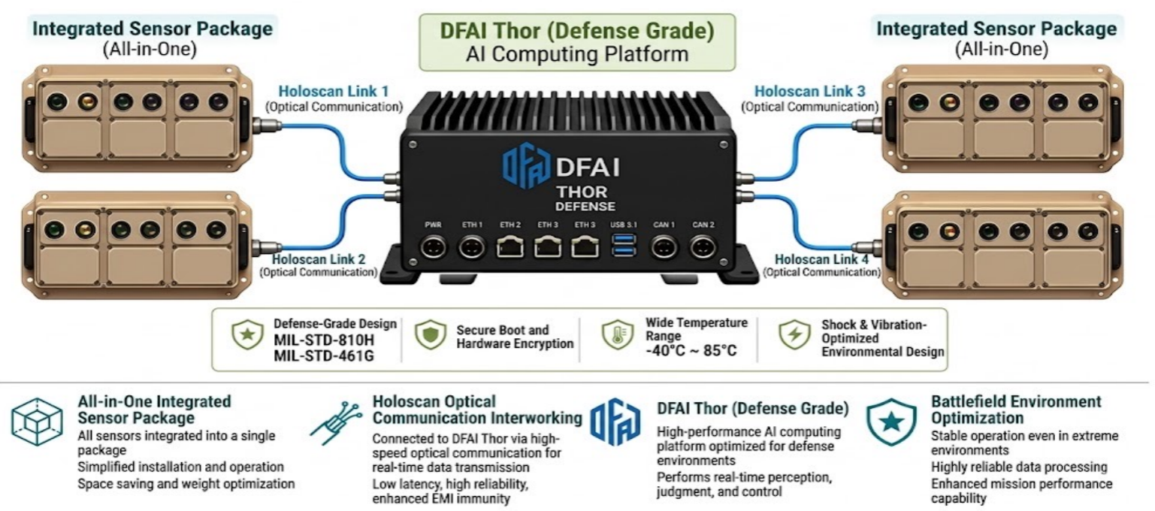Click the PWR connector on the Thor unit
pos(433,248)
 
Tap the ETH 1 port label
pos(472,225)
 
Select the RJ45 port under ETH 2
pos(509,247)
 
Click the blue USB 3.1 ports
pos(623,245)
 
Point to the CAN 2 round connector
pos(703,248)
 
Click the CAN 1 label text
pos(664,225)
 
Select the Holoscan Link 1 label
pos(334,91)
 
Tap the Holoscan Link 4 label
pos(821,259)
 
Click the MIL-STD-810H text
pos(324,340)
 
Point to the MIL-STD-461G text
pos(324,355)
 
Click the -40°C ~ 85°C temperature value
pos(691,351)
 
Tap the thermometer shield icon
pos(618,334)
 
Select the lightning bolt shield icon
pos(794,334)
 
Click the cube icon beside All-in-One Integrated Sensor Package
pos(37,422)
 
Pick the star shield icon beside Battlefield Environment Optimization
pos(891,422)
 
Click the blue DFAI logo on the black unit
pos(527,165)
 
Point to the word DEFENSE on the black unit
pos(585,207)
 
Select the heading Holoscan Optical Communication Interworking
pos(477,410)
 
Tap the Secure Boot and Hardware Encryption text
pos(515,337)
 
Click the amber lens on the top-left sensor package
pos(87,101)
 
